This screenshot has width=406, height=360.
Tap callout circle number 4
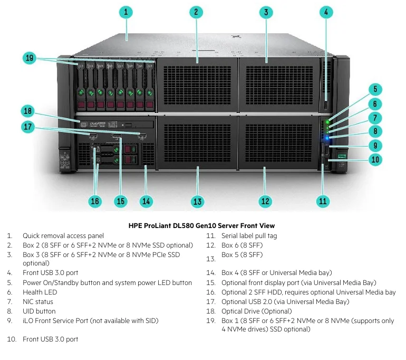[x=326, y=12]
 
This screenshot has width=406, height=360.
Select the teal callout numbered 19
[x=30, y=59]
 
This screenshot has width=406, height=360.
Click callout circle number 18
[x=28, y=111]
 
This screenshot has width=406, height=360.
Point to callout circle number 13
[x=197, y=201]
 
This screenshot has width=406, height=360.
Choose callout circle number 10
[x=375, y=159]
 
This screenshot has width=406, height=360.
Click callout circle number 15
[x=121, y=201]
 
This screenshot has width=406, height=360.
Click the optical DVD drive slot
[x=116, y=125]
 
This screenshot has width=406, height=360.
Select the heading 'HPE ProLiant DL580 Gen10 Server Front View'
[x=201, y=225]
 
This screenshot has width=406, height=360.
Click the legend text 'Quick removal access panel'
[x=63, y=236]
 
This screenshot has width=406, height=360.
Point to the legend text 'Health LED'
[x=40, y=292]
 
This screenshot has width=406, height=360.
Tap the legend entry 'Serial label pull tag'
[x=249, y=236]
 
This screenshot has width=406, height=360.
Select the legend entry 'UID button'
[x=38, y=311]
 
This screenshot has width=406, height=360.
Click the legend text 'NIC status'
[x=37, y=302]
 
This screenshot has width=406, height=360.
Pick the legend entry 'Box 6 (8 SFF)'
[x=241, y=245]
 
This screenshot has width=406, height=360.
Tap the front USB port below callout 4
[x=326, y=100]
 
